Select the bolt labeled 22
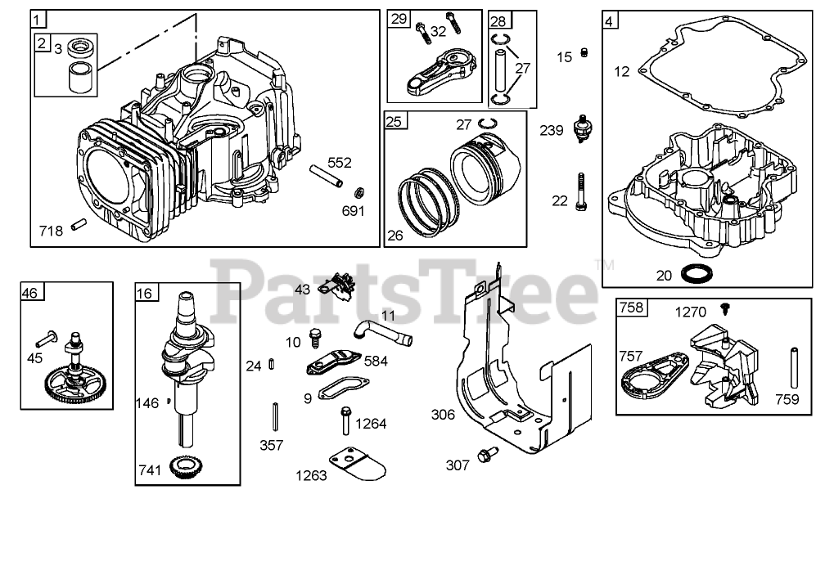[x=580, y=192]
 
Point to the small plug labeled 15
[x=584, y=53]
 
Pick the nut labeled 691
[x=358, y=193]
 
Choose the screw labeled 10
[x=314, y=336]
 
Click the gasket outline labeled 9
[x=337, y=388]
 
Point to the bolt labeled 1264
[x=346, y=420]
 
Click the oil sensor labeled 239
[x=582, y=128]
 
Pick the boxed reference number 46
[x=30, y=290]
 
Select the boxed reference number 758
[x=632, y=308]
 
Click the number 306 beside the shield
[x=444, y=415]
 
